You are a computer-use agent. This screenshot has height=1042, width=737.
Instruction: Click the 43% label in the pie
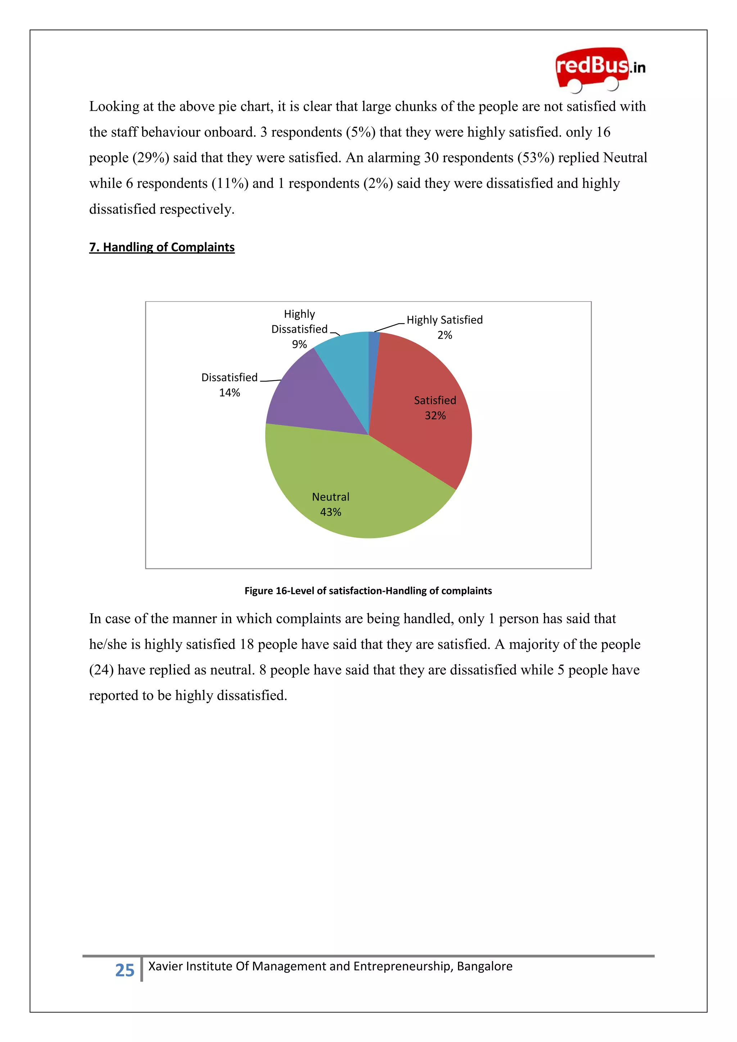[330, 512]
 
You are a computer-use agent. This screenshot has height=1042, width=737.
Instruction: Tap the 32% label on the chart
[435, 415]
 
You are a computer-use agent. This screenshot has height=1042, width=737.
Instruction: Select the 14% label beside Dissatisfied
[229, 393]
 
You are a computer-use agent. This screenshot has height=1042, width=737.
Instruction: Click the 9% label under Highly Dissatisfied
[299, 344]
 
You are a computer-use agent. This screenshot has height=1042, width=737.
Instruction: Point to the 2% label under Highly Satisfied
[444, 335]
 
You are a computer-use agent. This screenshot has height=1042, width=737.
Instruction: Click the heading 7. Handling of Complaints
[162, 247]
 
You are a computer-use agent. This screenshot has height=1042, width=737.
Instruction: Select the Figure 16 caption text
[368, 590]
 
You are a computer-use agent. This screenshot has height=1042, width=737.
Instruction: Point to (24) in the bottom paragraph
[101, 670]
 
